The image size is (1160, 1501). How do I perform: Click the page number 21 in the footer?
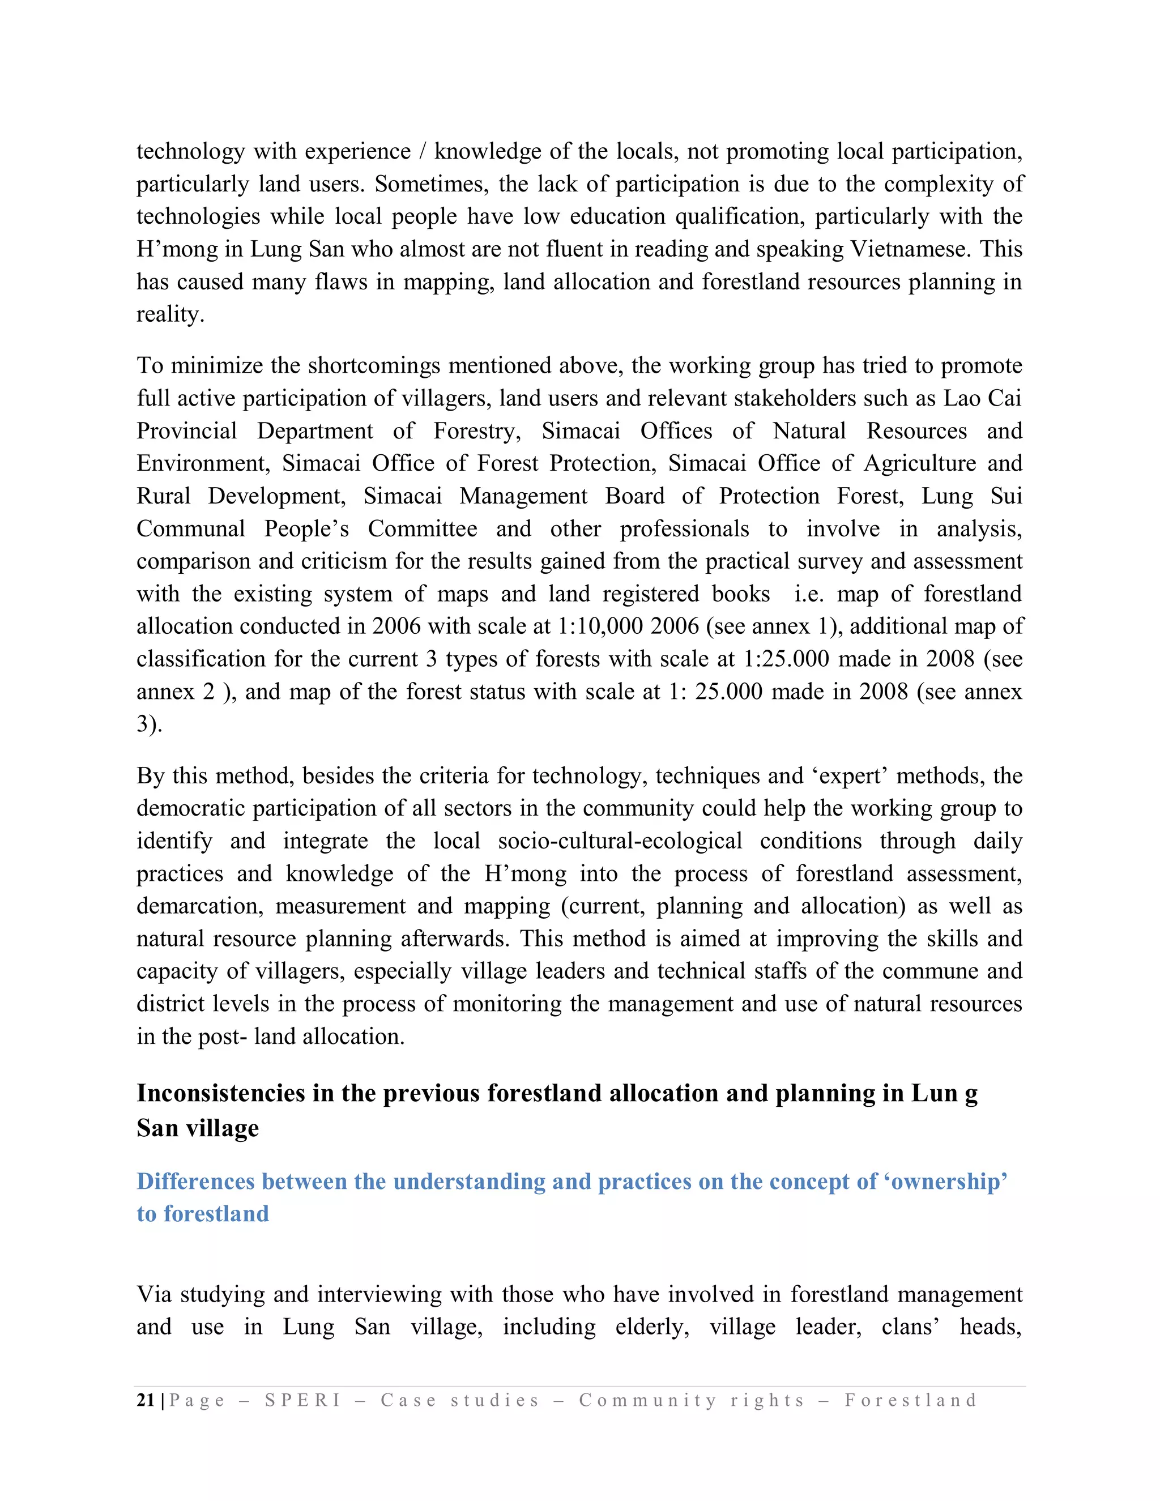click(146, 1400)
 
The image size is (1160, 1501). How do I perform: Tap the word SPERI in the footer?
click(303, 1400)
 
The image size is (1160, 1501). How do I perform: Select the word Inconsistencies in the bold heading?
click(220, 1093)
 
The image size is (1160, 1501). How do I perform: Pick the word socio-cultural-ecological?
click(620, 841)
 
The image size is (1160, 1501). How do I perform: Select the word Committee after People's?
click(422, 528)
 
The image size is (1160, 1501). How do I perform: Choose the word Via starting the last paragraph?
click(154, 1294)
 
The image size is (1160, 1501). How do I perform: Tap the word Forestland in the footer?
click(911, 1400)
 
